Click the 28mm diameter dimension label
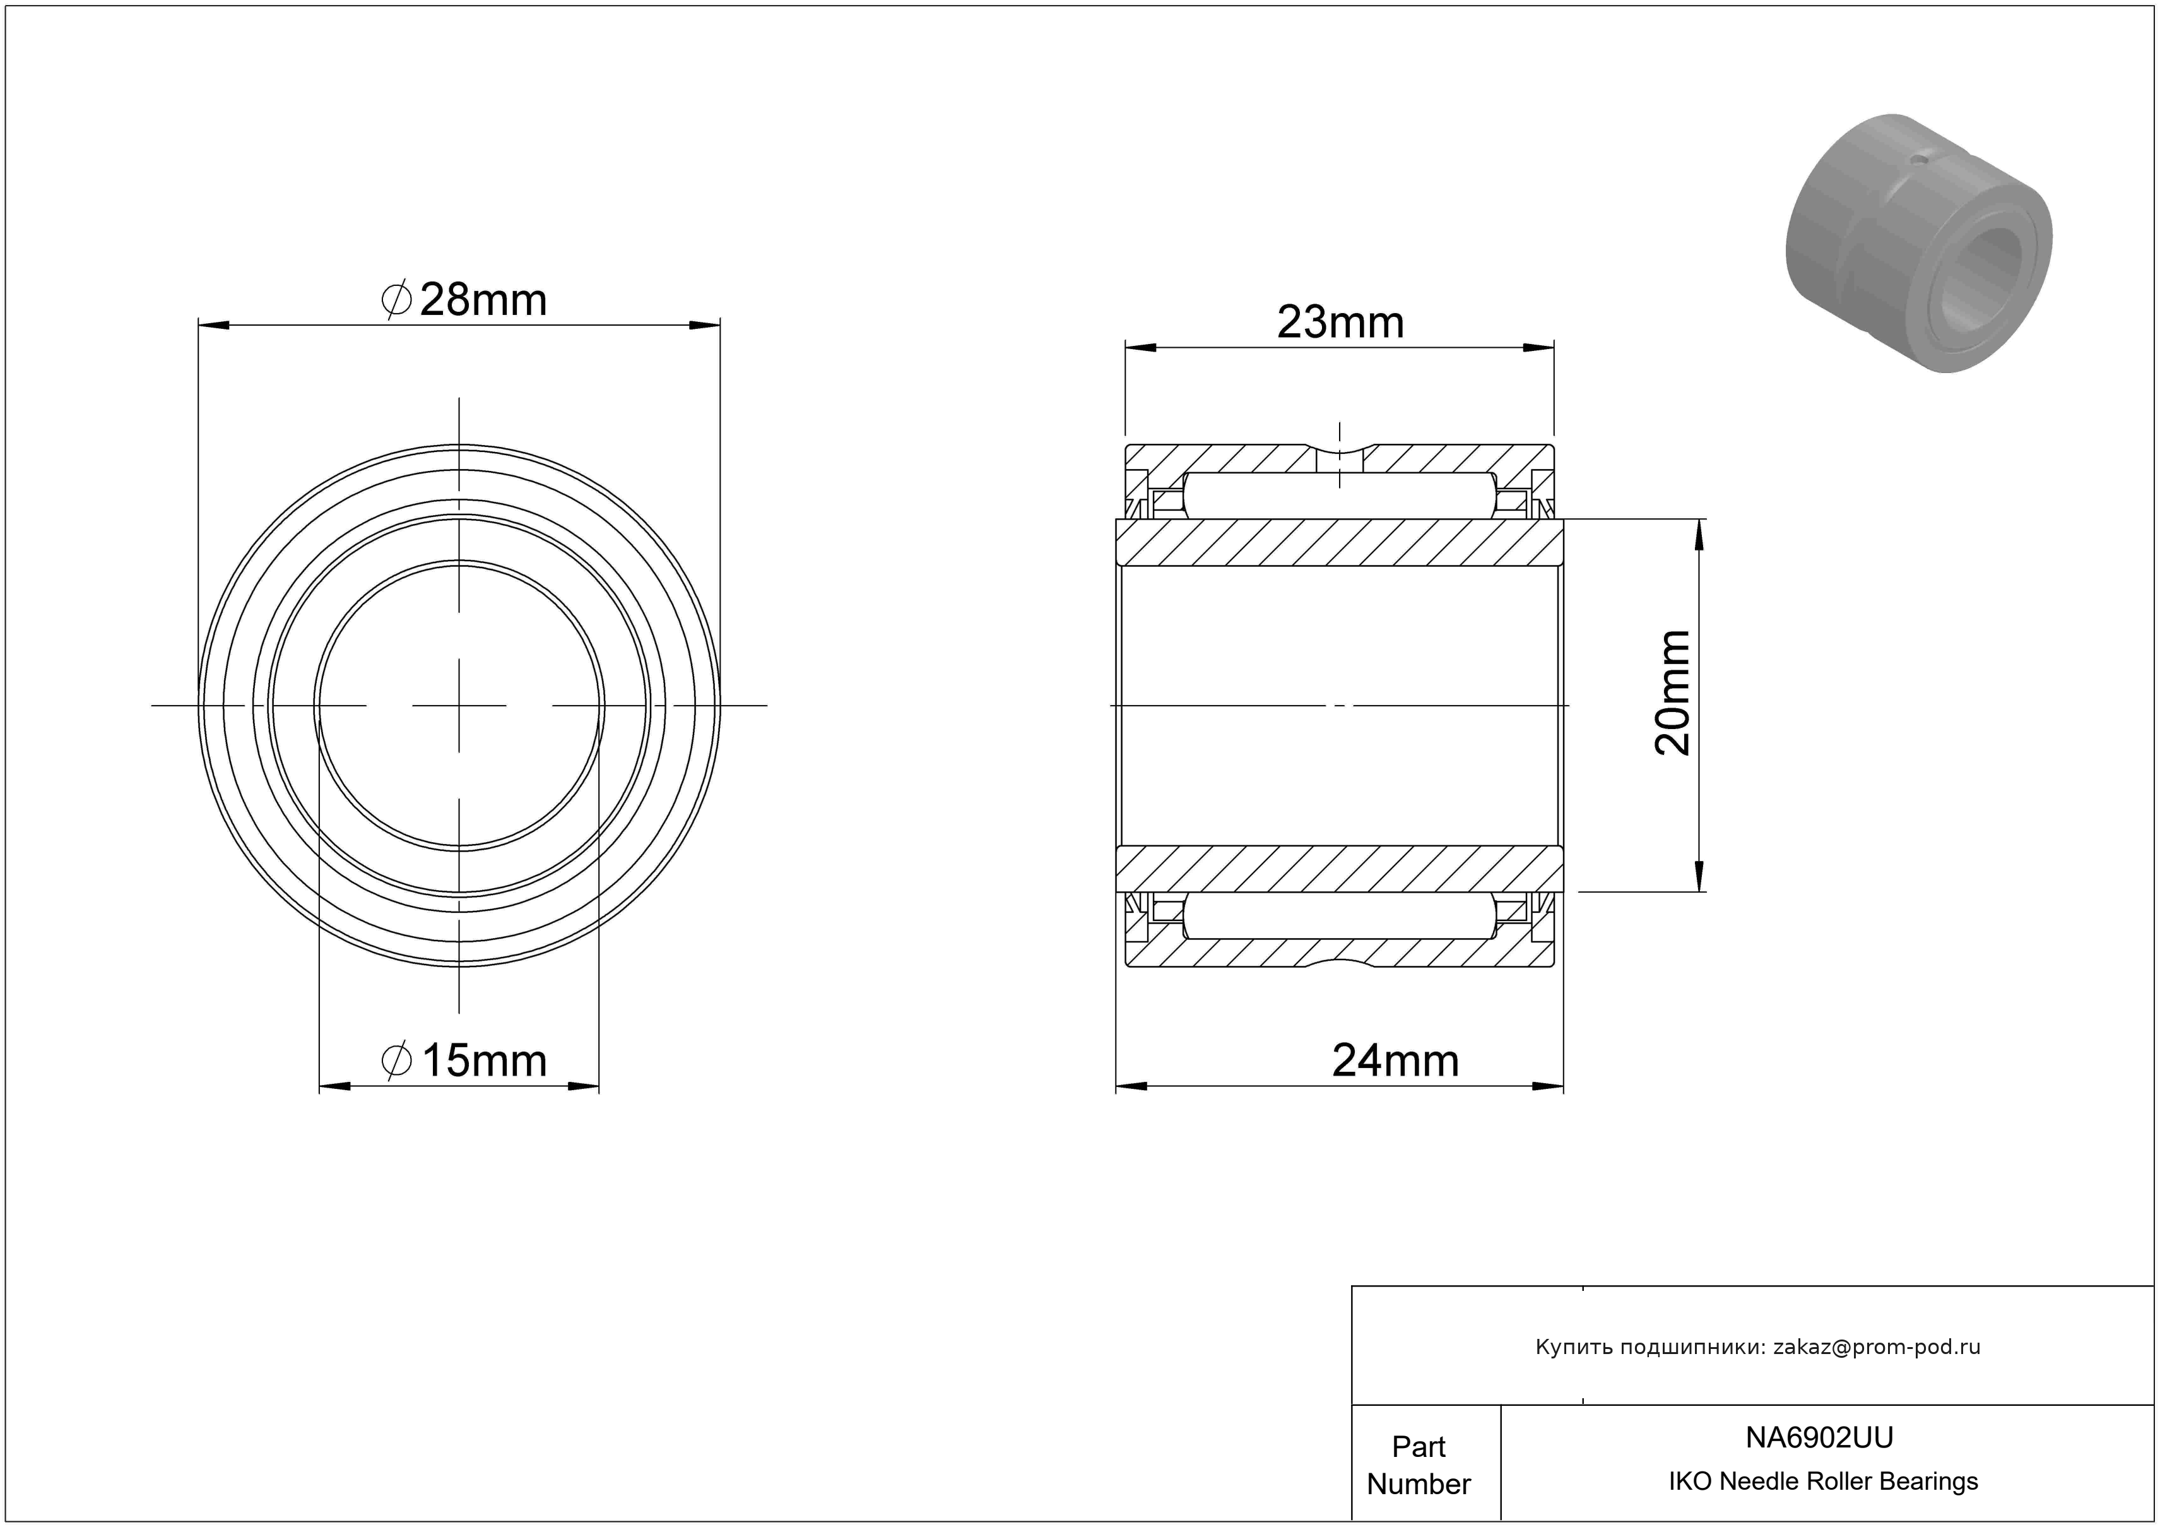(464, 300)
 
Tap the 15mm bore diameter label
(464, 1061)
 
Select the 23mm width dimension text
(1340, 323)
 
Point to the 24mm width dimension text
(1395, 1061)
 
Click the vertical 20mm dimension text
(1673, 692)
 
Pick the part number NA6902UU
(1819, 1437)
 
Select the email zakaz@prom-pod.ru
(1877, 1346)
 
